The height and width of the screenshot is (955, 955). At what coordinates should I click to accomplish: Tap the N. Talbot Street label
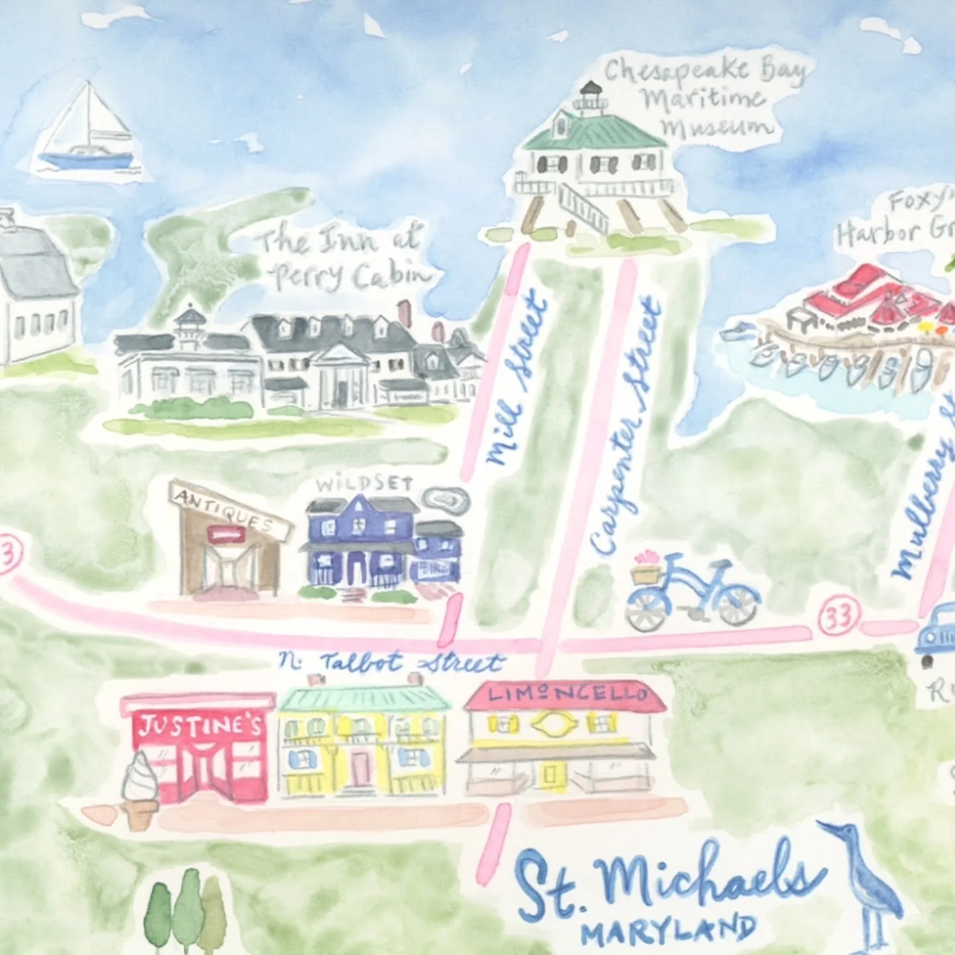tap(391, 662)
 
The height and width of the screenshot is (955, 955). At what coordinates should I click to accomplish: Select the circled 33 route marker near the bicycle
tap(839, 616)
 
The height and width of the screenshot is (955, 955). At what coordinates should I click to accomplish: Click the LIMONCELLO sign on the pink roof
tap(567, 695)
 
